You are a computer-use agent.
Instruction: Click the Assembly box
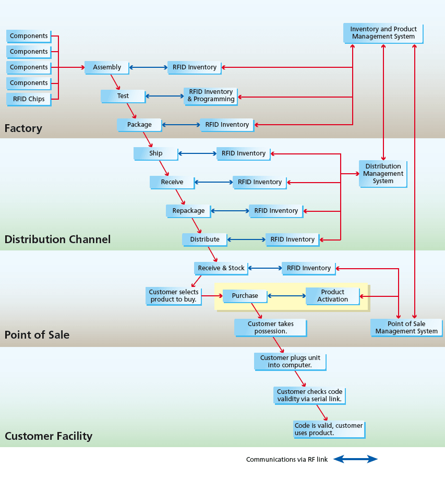pyautogui.click(x=106, y=67)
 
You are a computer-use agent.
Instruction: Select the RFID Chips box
pyautogui.click(x=28, y=99)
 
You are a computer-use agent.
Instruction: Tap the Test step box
pyautogui.click(x=123, y=96)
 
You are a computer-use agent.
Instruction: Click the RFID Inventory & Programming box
pyautogui.click(x=210, y=95)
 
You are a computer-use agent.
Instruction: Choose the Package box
pyautogui.click(x=139, y=125)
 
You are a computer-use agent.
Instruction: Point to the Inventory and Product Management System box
pyautogui.click(x=383, y=33)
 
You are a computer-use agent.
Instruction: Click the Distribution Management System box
pyautogui.click(x=382, y=174)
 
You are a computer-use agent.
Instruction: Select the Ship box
pyautogui.click(x=155, y=153)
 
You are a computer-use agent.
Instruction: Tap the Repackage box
pyautogui.click(x=188, y=211)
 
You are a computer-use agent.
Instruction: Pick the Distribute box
pyautogui.click(x=205, y=239)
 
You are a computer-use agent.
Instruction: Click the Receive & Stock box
pyautogui.click(x=221, y=268)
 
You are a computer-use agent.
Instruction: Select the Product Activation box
pyautogui.click(x=332, y=296)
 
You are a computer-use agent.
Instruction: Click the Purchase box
pyautogui.click(x=245, y=296)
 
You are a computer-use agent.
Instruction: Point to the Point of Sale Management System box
pyautogui.click(x=406, y=328)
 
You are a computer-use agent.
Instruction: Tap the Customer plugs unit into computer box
pyautogui.click(x=290, y=362)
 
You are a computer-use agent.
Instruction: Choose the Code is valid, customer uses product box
pyautogui.click(x=328, y=429)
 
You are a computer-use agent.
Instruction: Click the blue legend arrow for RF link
pyautogui.click(x=355, y=459)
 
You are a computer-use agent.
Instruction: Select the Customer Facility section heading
pyautogui.click(x=49, y=436)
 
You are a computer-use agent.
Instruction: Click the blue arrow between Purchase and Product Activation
pyautogui.click(x=286, y=296)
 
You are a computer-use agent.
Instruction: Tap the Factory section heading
pyautogui.click(x=23, y=128)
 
